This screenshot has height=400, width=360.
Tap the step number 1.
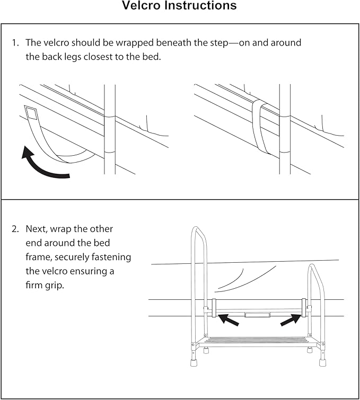coord(15,43)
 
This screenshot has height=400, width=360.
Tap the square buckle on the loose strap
coord(31,113)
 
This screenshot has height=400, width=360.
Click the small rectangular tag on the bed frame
coord(257,315)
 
